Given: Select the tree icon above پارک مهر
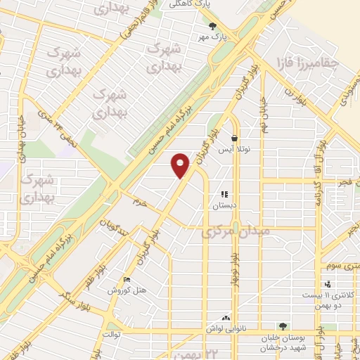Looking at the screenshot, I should click(213, 27).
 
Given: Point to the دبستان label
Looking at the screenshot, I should click(225, 206).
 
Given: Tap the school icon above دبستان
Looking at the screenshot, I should click(225, 194).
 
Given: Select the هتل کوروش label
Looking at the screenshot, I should click(127, 290).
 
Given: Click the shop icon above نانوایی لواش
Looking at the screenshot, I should click(226, 318).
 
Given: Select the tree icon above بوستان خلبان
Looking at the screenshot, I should click(283, 326).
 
